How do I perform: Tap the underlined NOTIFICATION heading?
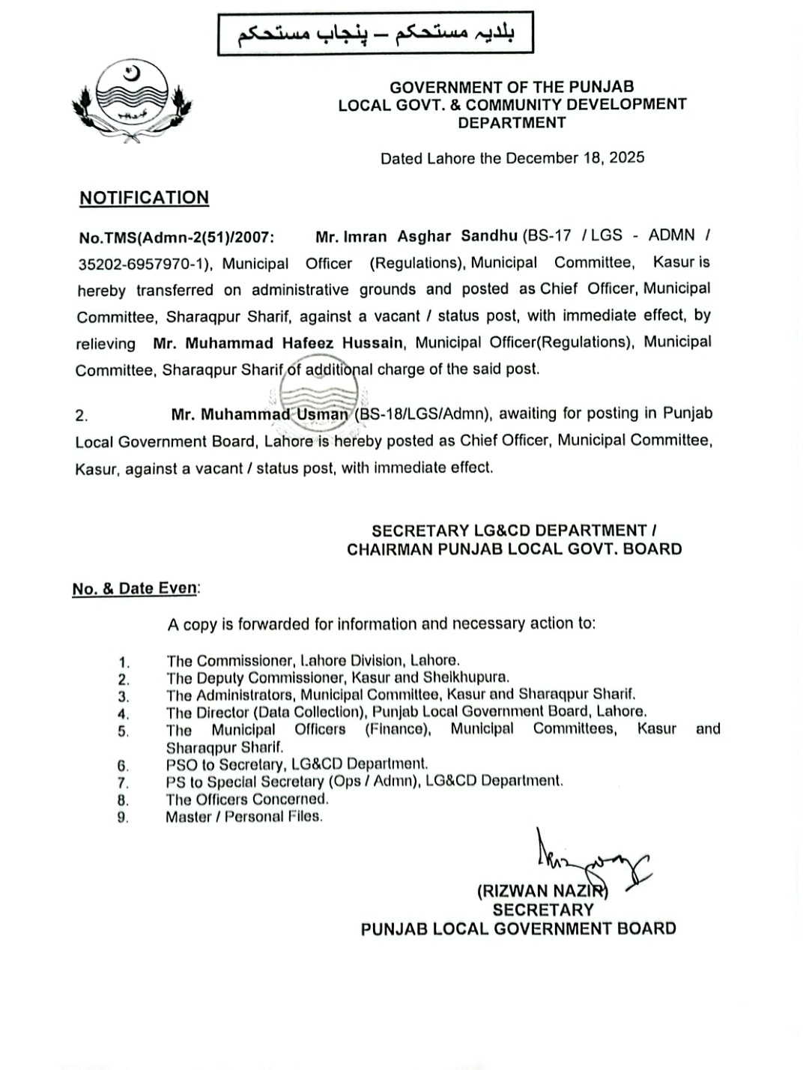145,198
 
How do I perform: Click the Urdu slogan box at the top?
375,34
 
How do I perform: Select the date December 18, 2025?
575,158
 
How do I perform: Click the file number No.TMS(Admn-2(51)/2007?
176,238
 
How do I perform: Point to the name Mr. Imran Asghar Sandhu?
416,237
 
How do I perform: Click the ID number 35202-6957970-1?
145,265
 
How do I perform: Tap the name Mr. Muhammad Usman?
260,414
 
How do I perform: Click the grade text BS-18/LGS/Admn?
423,414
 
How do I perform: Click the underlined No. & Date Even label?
136,588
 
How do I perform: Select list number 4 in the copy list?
124,714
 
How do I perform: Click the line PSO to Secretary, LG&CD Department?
297,764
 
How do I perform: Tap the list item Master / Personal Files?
244,817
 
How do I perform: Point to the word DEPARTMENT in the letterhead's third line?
512,123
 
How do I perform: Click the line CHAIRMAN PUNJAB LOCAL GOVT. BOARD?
514,549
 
